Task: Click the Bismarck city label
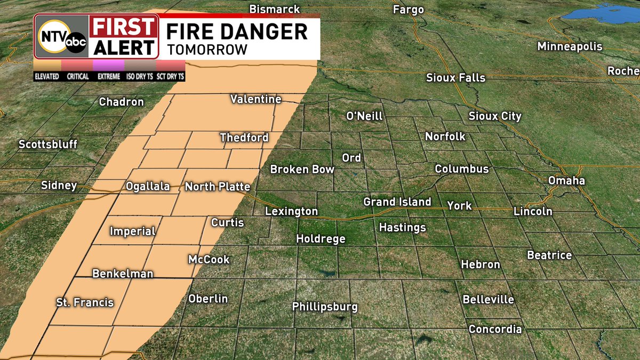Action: [x=275, y=10]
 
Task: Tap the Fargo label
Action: [x=408, y=10]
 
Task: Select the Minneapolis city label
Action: [x=570, y=46]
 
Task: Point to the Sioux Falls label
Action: [x=455, y=78]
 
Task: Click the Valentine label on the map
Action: [x=255, y=99]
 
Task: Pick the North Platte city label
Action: [x=217, y=187]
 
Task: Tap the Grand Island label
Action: [x=397, y=202]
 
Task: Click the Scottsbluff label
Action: [x=48, y=145]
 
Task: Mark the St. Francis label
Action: [x=85, y=302]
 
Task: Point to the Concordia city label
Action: [x=494, y=329]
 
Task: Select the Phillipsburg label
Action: [x=324, y=307]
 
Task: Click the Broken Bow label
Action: [x=302, y=170]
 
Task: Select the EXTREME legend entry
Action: [x=109, y=76]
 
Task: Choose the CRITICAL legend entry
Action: [x=78, y=76]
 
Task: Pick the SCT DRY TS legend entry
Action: [x=170, y=76]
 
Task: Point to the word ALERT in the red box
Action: [x=124, y=47]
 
